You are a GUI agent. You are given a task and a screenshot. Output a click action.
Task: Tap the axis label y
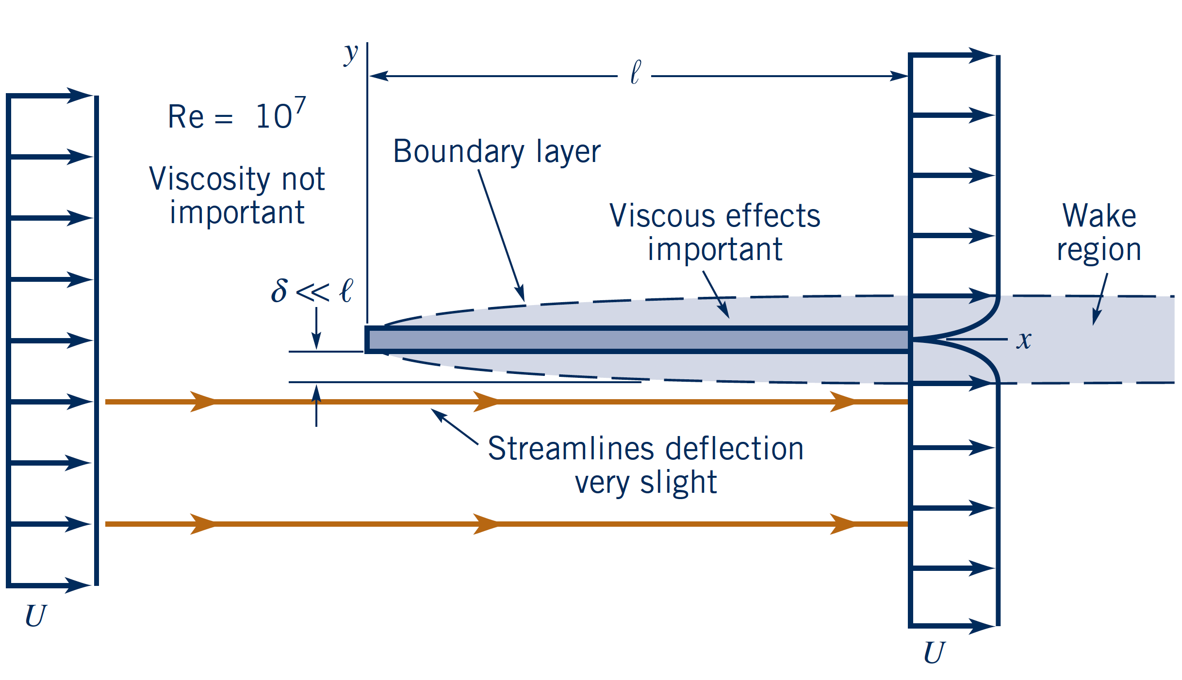click(x=350, y=53)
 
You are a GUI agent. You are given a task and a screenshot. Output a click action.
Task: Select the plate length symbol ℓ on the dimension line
click(x=635, y=73)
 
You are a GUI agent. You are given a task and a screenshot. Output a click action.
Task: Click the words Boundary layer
click(x=496, y=152)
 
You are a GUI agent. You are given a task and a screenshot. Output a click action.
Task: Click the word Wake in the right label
click(x=1099, y=216)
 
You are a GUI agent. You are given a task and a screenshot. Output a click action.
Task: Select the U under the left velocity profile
click(x=35, y=616)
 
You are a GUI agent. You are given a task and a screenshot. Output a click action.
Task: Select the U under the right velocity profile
click(x=934, y=653)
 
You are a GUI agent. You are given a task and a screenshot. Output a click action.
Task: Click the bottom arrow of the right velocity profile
click(x=980, y=626)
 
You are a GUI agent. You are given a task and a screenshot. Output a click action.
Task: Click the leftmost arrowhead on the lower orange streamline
click(x=203, y=524)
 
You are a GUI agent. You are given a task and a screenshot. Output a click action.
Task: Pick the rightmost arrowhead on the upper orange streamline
click(x=843, y=402)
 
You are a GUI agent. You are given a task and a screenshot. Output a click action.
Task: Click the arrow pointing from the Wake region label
click(x=1097, y=315)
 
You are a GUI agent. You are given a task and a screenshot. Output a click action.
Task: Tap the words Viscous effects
click(x=714, y=216)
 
